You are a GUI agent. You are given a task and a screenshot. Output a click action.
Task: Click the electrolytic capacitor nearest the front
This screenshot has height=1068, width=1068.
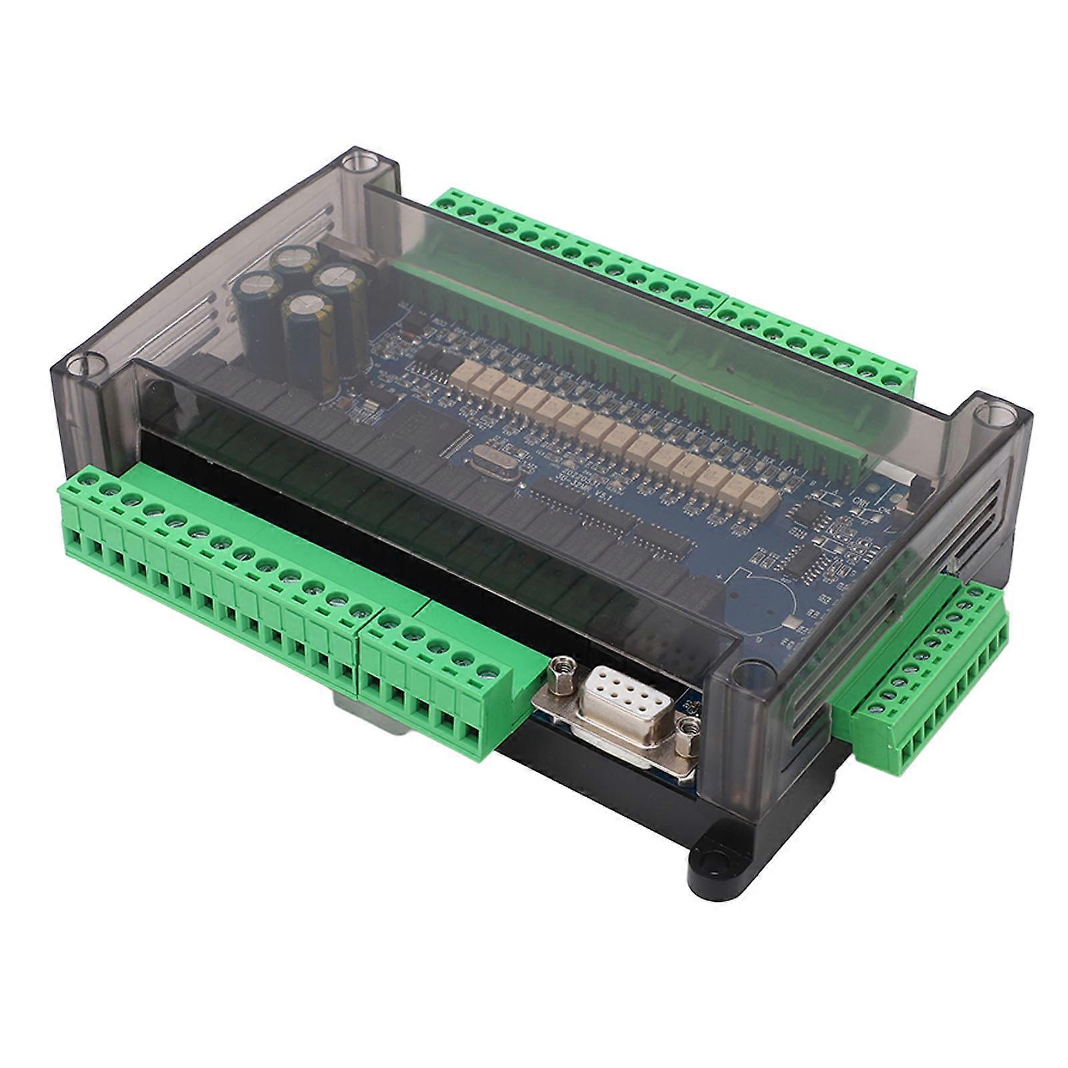pos(305,320)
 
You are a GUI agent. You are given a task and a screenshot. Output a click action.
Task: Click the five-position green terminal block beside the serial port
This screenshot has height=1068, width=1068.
pos(434,674)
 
